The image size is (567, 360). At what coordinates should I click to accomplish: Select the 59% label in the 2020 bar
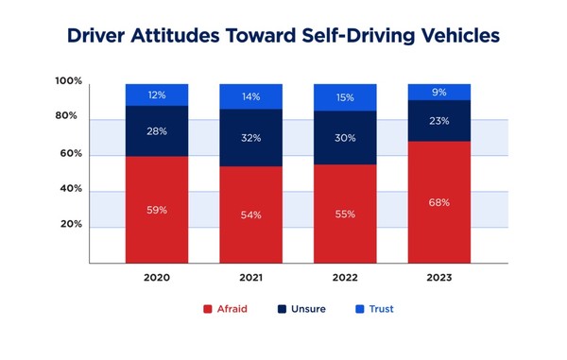pos(157,209)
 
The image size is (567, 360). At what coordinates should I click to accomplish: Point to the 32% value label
pos(251,138)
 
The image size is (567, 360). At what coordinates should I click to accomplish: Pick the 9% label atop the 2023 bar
pos(439,93)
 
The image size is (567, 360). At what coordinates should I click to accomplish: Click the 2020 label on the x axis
pos(157,278)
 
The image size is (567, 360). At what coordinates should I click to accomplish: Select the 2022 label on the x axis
pos(345,278)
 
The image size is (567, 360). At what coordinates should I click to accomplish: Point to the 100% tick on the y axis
pos(69,82)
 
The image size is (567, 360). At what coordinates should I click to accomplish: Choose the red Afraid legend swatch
pos(207,309)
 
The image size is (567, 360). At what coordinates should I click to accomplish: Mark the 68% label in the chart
pos(439,202)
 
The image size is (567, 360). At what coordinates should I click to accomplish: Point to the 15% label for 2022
pos(345,97)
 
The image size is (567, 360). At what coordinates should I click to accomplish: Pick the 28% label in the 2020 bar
pos(157,130)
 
